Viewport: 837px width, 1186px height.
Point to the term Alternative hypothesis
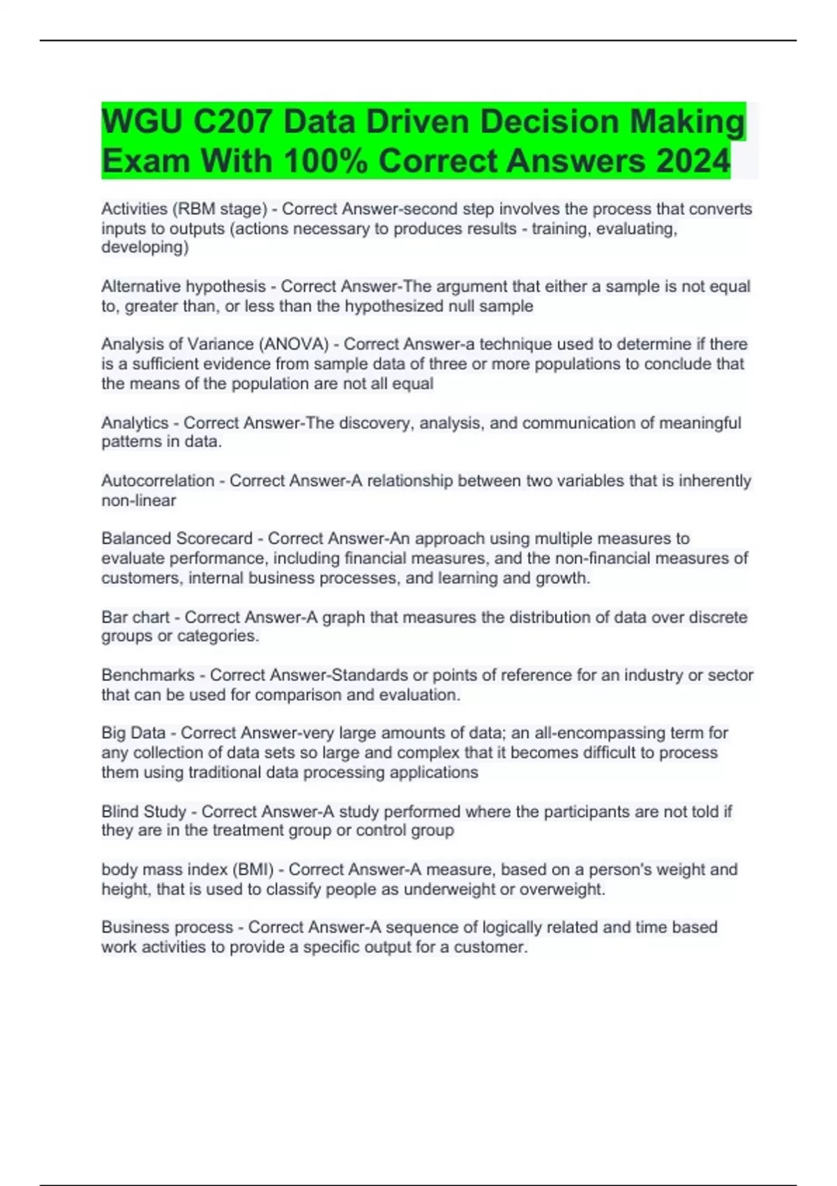183,286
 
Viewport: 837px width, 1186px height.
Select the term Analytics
135,423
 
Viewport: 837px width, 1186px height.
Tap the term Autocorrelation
158,481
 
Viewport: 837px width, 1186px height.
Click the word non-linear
139,500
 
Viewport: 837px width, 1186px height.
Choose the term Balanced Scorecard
176,539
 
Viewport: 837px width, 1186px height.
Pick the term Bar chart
135,617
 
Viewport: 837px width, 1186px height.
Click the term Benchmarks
148,675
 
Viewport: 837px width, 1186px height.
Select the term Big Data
133,733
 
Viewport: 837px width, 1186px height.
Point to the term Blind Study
144,811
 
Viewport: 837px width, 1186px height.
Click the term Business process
167,927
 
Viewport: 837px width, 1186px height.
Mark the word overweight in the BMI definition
561,889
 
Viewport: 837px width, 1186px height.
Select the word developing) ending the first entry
145,247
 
